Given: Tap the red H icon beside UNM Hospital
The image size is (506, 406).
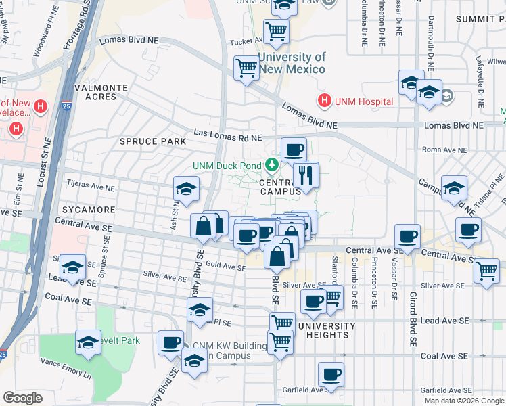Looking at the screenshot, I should [325, 101].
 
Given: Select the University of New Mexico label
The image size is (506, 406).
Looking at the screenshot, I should [291, 63].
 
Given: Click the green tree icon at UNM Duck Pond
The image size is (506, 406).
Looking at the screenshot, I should [272, 164].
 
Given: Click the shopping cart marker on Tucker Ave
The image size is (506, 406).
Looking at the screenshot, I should [276, 31].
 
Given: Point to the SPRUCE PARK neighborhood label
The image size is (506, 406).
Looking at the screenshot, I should [152, 141].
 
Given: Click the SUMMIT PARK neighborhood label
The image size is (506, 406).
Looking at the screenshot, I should [479, 18].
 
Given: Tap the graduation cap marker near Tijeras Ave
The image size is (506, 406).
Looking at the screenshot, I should [187, 189].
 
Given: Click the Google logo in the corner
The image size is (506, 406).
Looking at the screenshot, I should [22, 398].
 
